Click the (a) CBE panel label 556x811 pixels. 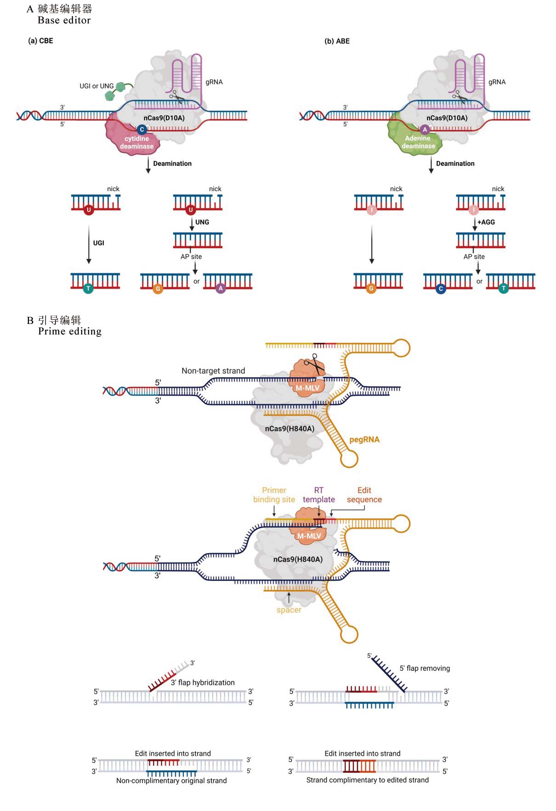(x=40, y=41)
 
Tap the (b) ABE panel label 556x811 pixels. (x=337, y=41)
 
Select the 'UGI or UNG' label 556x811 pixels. (x=96, y=86)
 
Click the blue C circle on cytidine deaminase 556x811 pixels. (x=142, y=130)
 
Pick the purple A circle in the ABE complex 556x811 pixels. (x=425, y=130)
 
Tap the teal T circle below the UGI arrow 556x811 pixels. (x=88, y=289)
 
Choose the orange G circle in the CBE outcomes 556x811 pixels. (x=158, y=289)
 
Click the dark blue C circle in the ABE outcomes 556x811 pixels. (x=441, y=289)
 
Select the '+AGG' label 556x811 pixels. (x=486, y=222)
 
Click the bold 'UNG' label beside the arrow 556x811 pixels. (x=202, y=222)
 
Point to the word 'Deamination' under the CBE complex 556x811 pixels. (x=172, y=164)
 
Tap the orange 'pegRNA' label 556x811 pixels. (x=364, y=440)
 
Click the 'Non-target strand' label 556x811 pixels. (x=213, y=371)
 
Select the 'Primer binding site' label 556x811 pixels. (x=274, y=495)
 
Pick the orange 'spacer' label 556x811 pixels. (x=289, y=610)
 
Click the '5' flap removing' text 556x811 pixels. (x=425, y=669)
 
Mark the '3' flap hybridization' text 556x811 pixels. (x=203, y=683)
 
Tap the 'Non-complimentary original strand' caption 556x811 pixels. (x=171, y=781)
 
